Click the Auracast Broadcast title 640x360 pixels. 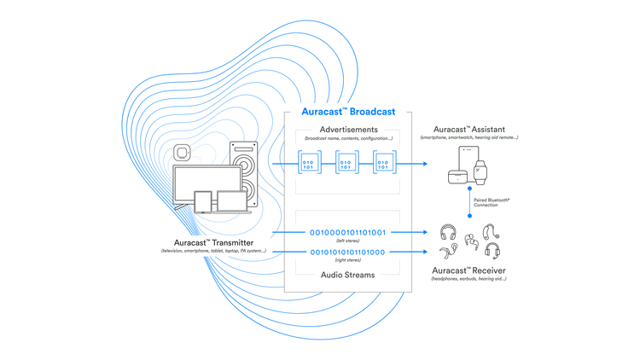coord(349,112)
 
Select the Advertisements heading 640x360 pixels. coord(349,129)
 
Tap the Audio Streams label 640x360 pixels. coord(349,275)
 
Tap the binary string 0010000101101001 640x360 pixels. coord(349,231)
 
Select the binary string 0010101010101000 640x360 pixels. coord(349,252)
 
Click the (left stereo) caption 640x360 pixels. coord(349,241)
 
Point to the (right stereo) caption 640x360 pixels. coord(349,262)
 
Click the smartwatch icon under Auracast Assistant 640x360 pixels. coord(482,171)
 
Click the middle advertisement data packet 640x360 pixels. coord(346,163)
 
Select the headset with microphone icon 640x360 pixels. coord(492,251)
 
